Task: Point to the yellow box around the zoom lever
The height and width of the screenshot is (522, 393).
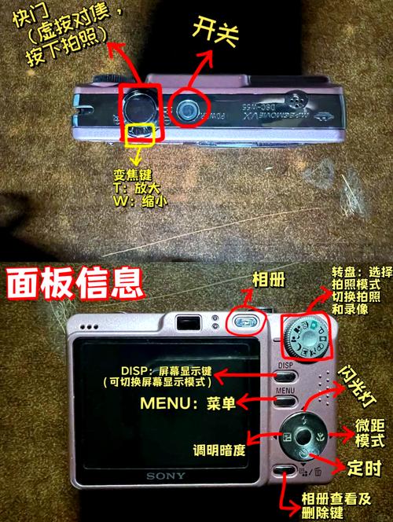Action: [x=141, y=133]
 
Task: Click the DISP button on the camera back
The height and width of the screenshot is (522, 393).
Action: [x=285, y=366]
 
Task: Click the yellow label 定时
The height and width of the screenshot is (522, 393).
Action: [x=359, y=467]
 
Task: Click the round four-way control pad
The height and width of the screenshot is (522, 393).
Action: [x=302, y=436]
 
